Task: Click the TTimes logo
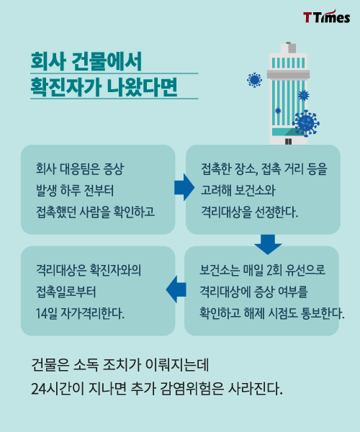point(327,17)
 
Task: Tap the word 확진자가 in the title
point(66,87)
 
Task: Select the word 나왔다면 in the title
point(142,87)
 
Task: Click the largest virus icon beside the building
point(306,123)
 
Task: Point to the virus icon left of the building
point(254,80)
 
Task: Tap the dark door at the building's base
point(288,141)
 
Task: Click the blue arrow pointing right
point(184,187)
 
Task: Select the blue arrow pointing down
point(268,244)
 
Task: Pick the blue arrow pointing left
point(176,289)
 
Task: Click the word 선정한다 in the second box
point(276,212)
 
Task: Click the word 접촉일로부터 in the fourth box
point(66,292)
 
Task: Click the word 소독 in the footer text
point(86,365)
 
